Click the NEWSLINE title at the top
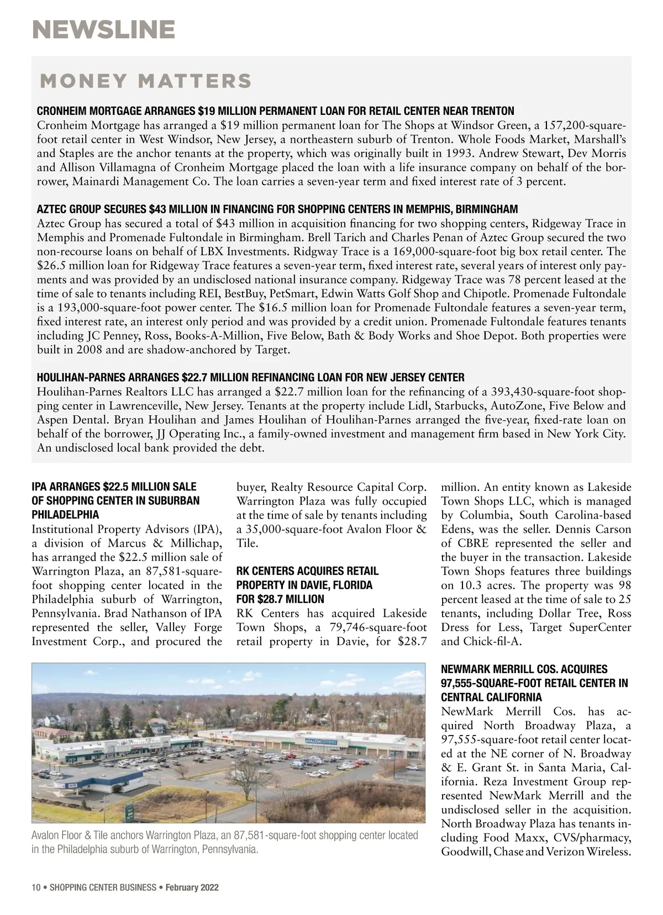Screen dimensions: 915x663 [103, 29]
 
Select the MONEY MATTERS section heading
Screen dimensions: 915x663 [146, 81]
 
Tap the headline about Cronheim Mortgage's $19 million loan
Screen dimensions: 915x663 [275, 110]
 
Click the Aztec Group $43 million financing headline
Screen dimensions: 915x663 [277, 209]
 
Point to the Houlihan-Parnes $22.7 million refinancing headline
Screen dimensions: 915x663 [250, 378]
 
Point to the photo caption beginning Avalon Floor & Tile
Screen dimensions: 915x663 [225, 842]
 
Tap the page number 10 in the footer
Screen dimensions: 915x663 [36, 888]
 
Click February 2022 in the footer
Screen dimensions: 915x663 [193, 888]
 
